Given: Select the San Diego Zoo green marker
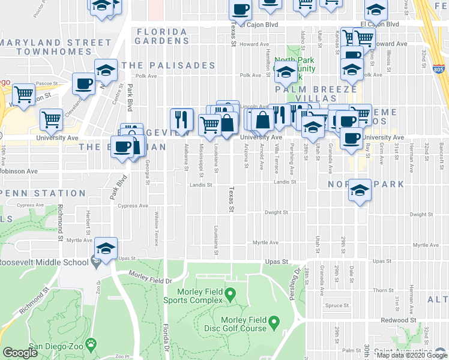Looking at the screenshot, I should click(x=91, y=344).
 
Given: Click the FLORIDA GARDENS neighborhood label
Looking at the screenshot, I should click(x=161, y=36).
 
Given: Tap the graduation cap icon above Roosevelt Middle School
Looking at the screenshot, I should click(x=106, y=248).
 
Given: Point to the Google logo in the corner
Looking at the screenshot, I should click(x=20, y=353).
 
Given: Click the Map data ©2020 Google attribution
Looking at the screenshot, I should click(x=411, y=355).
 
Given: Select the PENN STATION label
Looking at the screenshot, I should click(x=42, y=194).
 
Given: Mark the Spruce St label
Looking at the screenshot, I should click(x=338, y=305).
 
